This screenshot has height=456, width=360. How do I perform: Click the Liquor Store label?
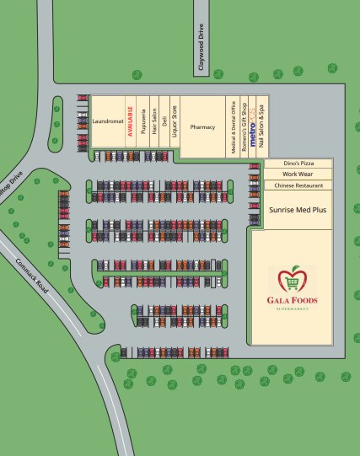click(175, 121)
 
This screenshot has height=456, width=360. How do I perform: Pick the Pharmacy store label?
click(203, 127)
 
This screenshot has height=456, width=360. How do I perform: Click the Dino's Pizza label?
click(297, 162)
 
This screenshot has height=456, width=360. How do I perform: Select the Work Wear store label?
click(297, 173)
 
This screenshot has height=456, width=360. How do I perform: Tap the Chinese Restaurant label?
click(297, 185)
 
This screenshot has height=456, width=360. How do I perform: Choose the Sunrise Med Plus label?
click(297, 207)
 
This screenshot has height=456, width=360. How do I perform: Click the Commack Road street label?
click(33, 275)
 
